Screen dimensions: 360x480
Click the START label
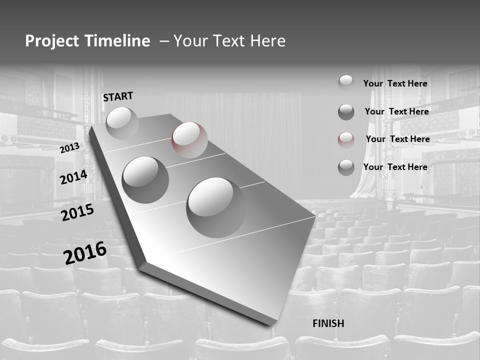pos(118,96)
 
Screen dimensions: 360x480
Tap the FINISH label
pos(328,323)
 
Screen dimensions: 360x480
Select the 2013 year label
pos(69,148)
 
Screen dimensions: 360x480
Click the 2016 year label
pos(85,253)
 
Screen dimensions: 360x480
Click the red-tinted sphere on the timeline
pos(189,140)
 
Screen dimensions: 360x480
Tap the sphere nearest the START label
pos(122,123)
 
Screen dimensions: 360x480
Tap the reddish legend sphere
pos(346,140)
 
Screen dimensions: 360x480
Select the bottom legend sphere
pos(346,167)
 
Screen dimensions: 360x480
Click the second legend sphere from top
pos(346,112)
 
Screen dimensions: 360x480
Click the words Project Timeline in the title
pos(87,41)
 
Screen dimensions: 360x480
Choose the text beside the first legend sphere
pos(395,83)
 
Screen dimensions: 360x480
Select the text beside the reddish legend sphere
pos(397,139)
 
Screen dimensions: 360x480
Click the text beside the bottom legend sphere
pos(395,167)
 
